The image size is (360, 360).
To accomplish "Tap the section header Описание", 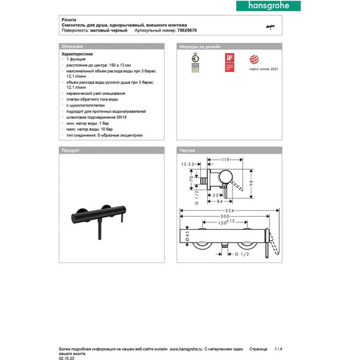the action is coord(71,47).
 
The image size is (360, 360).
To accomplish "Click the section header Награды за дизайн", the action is coord(200,47).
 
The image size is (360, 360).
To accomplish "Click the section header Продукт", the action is coord(69,151).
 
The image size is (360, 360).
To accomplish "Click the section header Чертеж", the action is coord(188,151).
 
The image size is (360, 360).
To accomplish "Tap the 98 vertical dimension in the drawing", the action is coord(251,182).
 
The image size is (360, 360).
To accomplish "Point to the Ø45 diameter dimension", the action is coord(188,236).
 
